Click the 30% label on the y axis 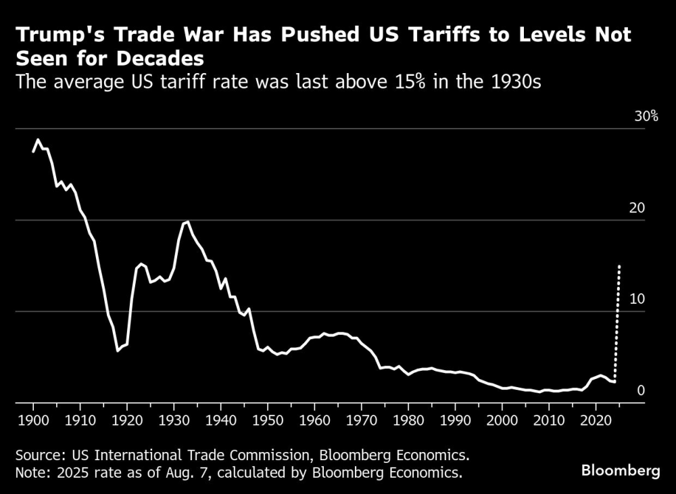pos(646,116)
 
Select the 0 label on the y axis pos(641,390)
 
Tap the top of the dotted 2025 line pos(619,266)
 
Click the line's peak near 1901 pos(38,139)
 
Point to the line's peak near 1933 pos(187,221)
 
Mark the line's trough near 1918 pos(118,351)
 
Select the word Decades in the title pos(151,59)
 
